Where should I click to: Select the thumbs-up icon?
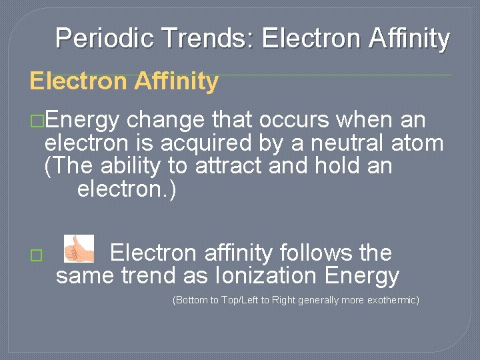(x=79, y=249)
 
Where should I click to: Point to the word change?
(x=165, y=121)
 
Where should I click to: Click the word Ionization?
(x=264, y=275)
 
